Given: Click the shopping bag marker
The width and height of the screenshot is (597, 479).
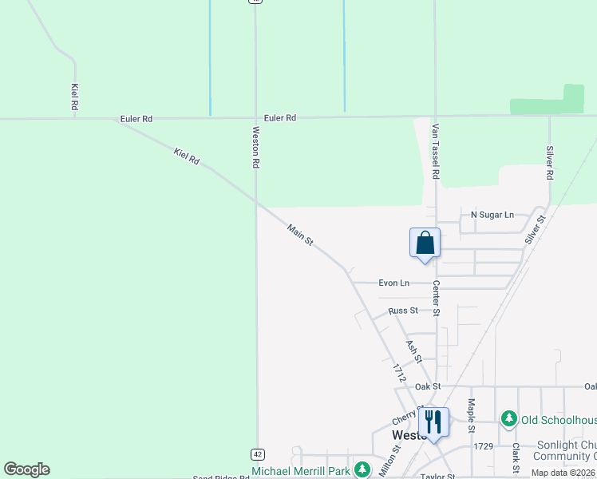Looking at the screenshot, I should [425, 243].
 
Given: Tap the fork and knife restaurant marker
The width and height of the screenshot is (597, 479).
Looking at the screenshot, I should [433, 422].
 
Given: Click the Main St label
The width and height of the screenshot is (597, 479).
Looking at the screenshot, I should [301, 236].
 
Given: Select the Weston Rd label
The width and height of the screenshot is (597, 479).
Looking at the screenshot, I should [256, 147].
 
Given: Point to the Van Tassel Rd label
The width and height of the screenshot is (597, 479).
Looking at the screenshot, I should [436, 151].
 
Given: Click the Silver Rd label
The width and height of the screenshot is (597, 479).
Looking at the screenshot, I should [550, 162].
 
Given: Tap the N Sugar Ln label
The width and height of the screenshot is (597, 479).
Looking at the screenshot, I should [492, 215].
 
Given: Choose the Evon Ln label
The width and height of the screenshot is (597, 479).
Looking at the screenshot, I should [393, 283].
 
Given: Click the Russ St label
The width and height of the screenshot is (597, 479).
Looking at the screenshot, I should [403, 311].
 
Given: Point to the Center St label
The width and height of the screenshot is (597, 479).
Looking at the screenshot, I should [437, 297].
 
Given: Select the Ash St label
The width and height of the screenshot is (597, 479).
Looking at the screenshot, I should [413, 351].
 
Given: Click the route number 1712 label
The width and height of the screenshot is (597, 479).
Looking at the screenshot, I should [400, 373].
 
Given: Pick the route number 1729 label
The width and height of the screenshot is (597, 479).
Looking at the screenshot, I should [484, 446].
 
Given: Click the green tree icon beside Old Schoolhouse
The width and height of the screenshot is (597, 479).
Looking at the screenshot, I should [508, 419].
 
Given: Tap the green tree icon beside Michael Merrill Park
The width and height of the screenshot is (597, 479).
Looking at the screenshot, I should [363, 469].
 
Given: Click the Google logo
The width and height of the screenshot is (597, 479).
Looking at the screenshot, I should [26, 469].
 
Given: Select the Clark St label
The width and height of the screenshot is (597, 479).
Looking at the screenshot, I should [516, 457].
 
